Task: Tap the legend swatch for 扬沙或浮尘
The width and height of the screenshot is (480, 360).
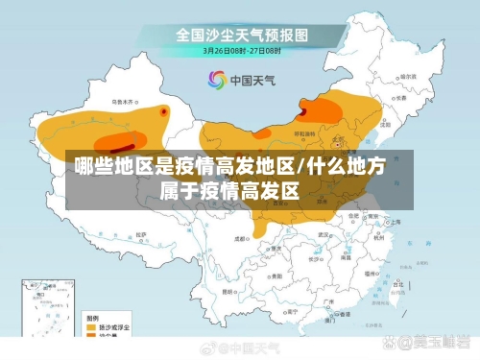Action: click(93, 326)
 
